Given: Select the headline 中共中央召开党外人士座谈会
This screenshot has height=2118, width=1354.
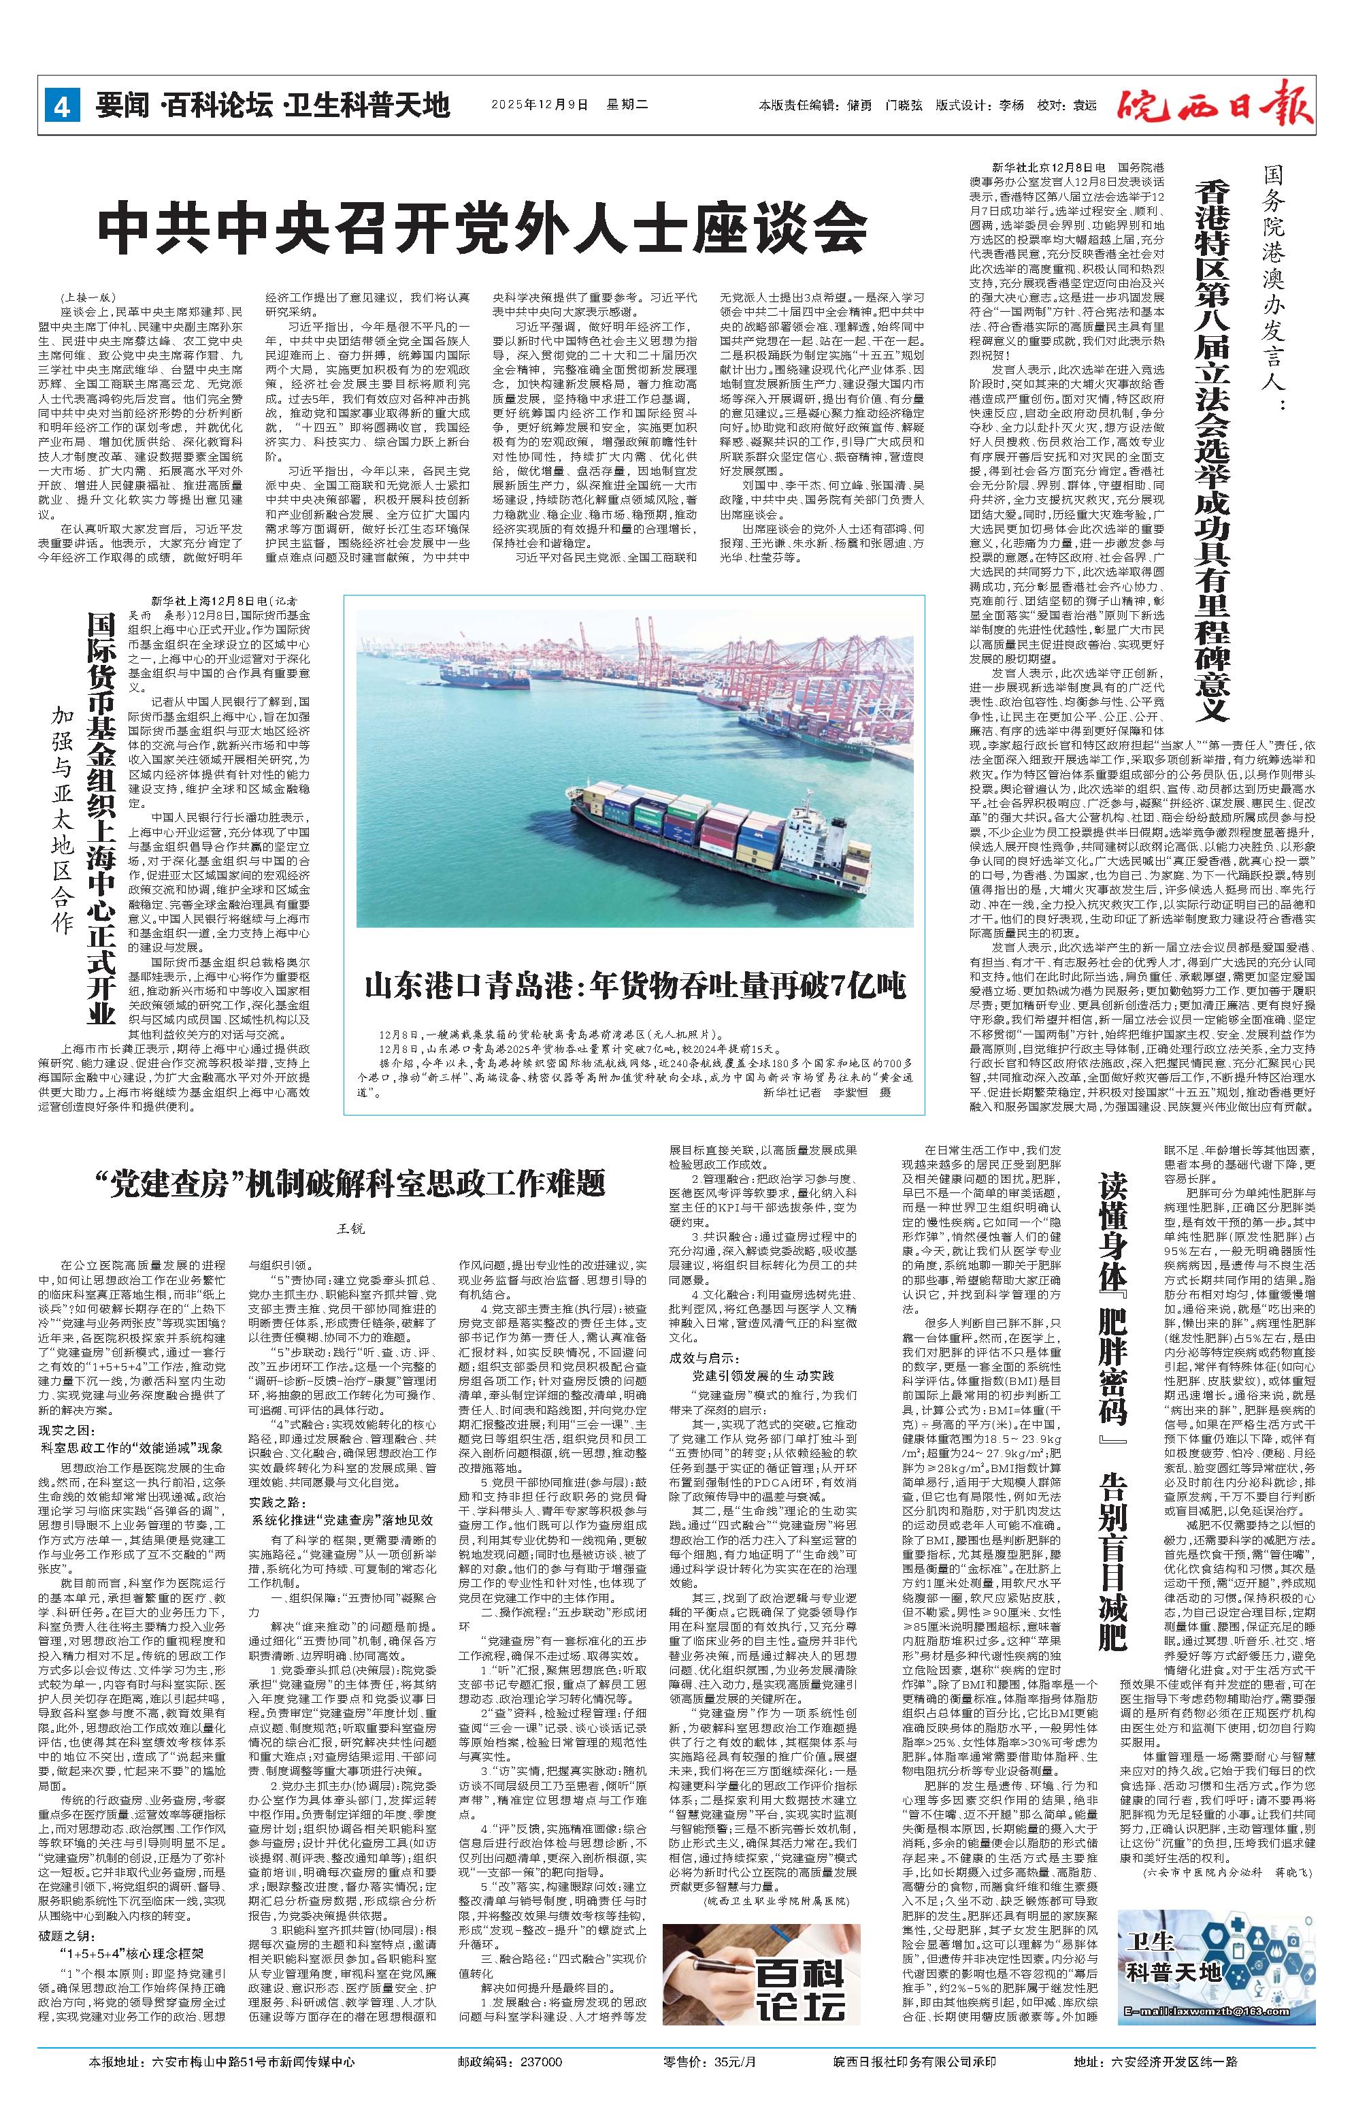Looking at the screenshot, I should (x=482, y=231).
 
